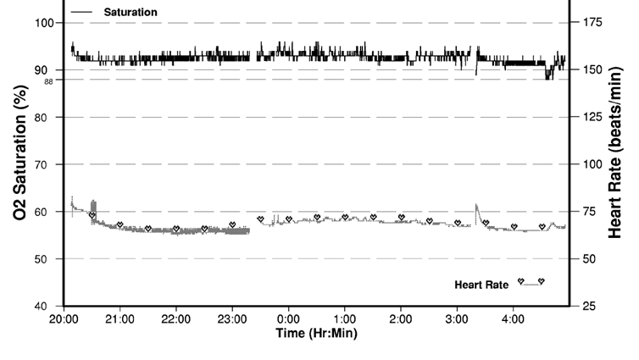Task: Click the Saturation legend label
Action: click(130, 13)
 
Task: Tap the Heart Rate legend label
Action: click(481, 285)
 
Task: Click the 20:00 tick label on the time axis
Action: click(64, 319)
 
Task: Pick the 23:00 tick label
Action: click(232, 319)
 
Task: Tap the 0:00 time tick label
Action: click(288, 319)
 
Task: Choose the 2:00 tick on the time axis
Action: click(401, 319)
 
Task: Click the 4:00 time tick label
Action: click(513, 319)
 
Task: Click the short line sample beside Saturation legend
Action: click(82, 13)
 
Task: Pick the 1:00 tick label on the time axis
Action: click(344, 319)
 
